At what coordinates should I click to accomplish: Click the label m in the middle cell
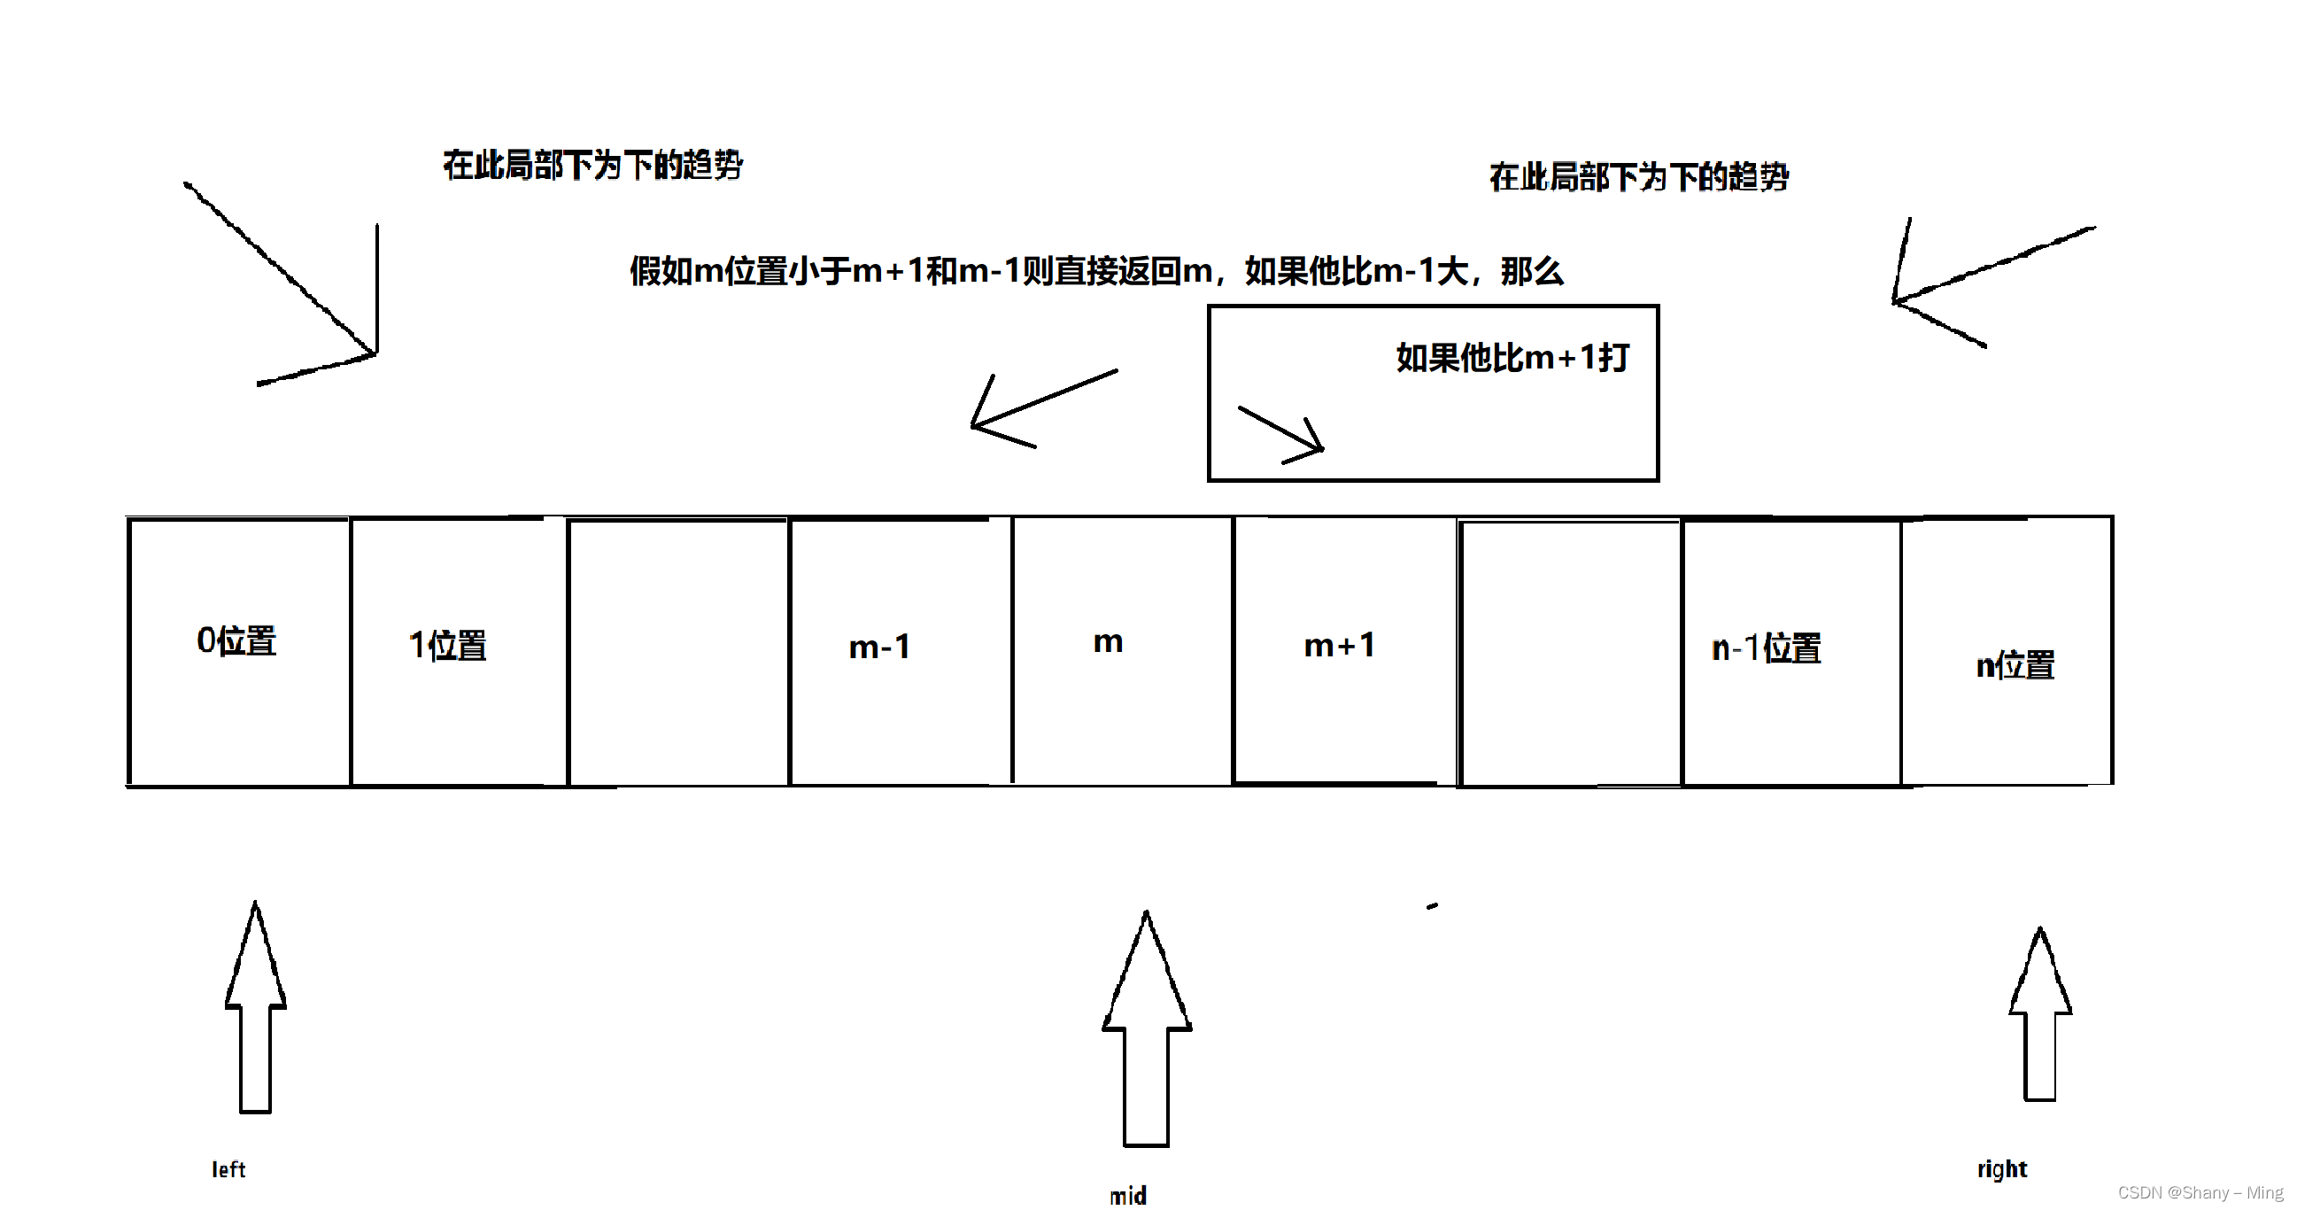1108,642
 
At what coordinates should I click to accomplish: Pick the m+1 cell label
1339,646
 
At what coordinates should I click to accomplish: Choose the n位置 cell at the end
2015,665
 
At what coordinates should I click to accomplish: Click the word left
228,1170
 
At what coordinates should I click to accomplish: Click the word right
2002,1169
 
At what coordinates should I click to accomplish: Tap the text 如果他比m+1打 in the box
1512,359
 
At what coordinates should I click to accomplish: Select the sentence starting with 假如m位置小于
1096,271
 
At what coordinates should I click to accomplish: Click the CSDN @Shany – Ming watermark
2200,1193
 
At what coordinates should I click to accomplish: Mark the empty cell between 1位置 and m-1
678,651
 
